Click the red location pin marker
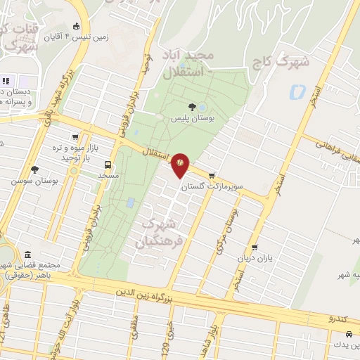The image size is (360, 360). click(180, 162)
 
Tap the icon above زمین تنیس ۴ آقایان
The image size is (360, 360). click(77, 27)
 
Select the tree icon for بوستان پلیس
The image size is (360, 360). click(173, 107)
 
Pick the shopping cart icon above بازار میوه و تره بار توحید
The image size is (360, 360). click(75, 138)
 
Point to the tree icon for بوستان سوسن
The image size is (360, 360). click(34, 169)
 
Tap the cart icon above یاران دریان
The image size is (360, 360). click(254, 247)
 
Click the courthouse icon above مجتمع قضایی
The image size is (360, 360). click(27, 255)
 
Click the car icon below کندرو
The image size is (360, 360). click(330, 335)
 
